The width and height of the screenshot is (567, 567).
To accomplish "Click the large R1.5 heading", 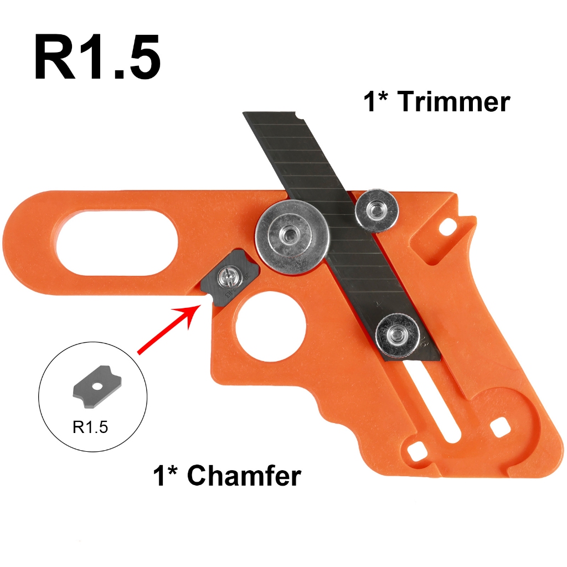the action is pos(97,58).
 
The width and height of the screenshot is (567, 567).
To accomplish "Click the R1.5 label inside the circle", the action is pos(90,427).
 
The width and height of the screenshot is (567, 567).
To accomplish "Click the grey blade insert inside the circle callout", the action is pos(97,387).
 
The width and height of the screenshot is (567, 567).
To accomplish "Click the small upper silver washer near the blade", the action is pos(377,210).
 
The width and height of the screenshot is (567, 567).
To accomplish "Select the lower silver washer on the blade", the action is pos(398,335).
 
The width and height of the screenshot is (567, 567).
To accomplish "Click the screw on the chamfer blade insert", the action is pos(229,278).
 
